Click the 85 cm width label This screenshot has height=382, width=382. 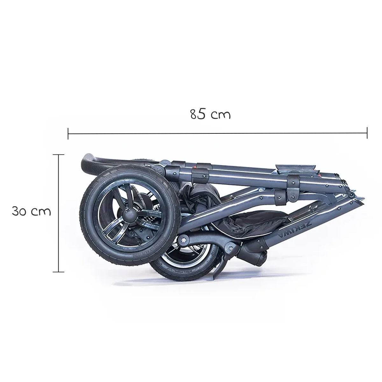coord(210,114)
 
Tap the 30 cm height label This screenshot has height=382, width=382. coord(32,211)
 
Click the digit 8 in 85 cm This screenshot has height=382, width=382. coord(194,114)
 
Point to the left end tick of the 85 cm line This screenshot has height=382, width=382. coord(68,133)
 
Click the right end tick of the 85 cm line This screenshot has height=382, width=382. coord(367,133)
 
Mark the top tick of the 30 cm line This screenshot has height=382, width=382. coord(59,154)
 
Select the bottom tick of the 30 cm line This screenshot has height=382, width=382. coord(59,272)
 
